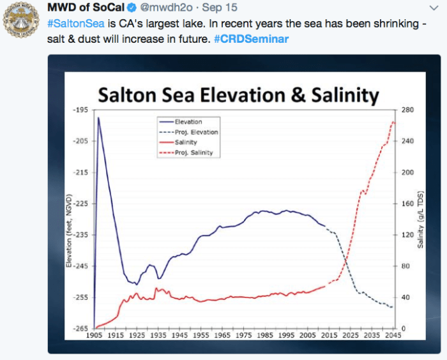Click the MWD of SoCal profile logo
20,20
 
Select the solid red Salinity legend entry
185,142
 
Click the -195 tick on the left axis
80,110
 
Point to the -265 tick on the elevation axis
80,329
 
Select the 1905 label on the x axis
94,336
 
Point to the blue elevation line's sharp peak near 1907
98,118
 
